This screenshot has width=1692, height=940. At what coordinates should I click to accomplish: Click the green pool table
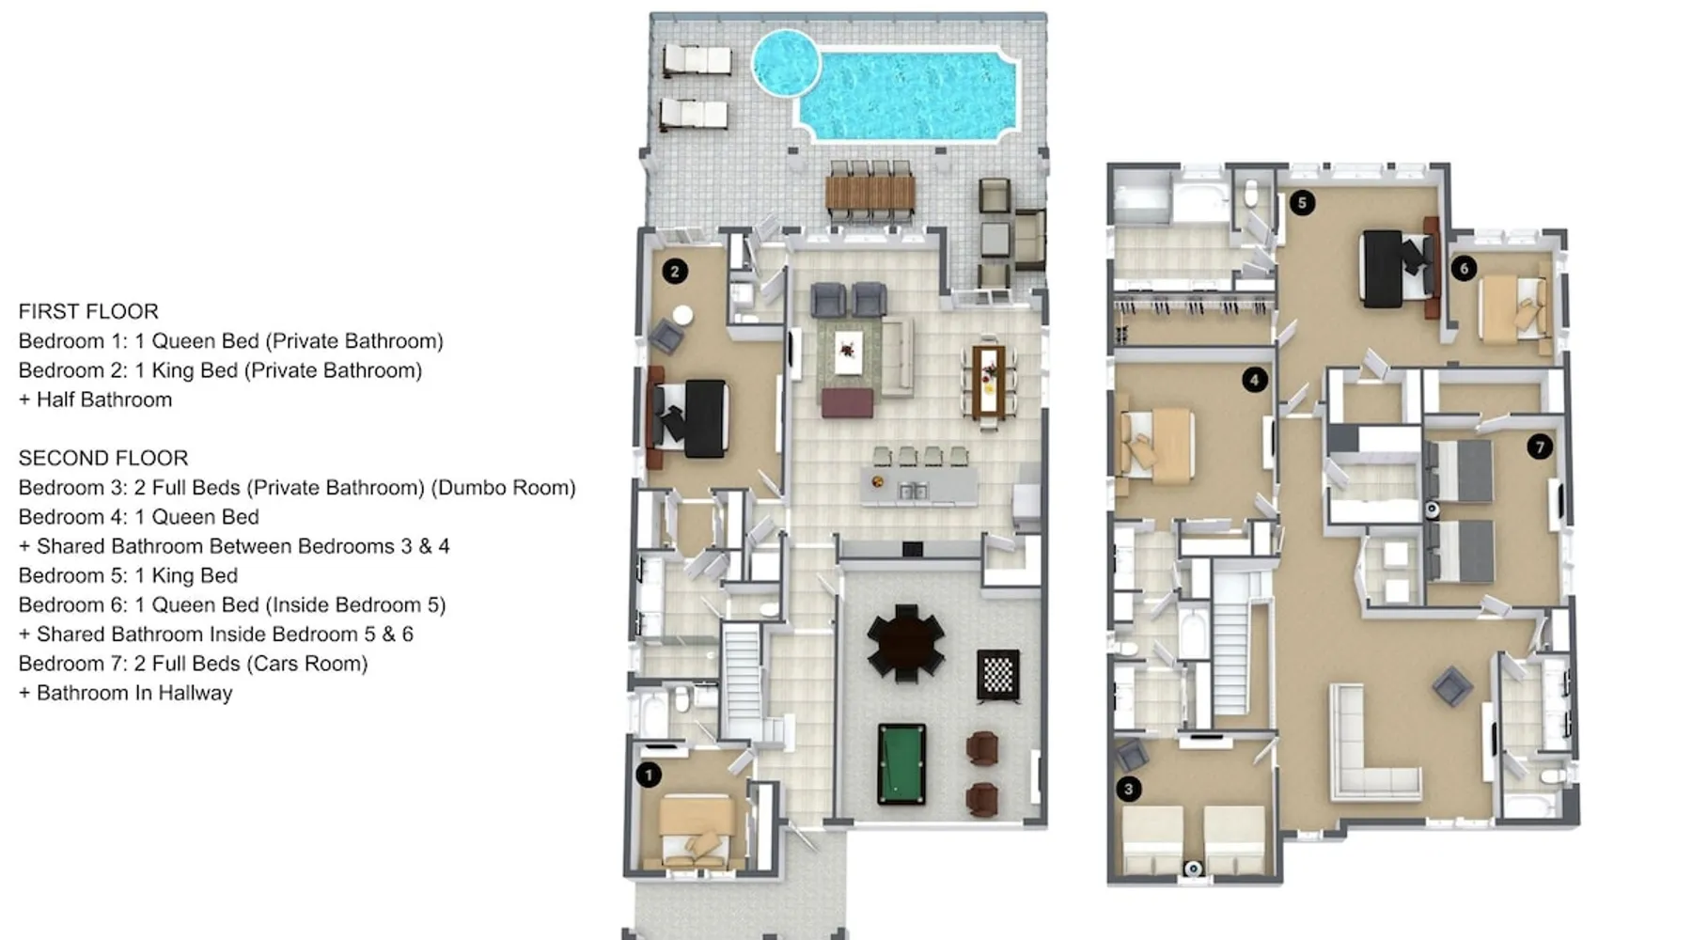pos(901,763)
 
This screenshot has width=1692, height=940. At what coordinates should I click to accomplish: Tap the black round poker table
pos(906,643)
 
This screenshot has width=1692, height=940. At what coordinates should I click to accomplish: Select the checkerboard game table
pos(997,674)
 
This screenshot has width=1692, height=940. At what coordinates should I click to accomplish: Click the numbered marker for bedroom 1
pos(649,775)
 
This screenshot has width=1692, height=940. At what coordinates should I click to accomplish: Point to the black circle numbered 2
pos(675,272)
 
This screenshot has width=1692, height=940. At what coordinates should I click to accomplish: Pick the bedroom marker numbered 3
pos(1129,789)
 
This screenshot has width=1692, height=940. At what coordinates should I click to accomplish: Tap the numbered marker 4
pos(1254,380)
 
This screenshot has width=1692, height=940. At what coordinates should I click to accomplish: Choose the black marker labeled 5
pos(1302,202)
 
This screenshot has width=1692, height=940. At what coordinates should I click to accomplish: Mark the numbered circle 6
pos(1464,269)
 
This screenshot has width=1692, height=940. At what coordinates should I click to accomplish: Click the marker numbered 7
pos(1540,446)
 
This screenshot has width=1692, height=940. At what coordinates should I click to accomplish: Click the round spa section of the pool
pos(785,63)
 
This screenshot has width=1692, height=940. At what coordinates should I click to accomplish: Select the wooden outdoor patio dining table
pos(869,193)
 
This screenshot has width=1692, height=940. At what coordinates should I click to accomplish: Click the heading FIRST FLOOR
pos(88,311)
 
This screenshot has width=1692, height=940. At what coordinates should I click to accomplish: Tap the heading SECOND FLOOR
pos(103,458)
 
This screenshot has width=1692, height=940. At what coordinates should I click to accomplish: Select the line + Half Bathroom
pos(95,399)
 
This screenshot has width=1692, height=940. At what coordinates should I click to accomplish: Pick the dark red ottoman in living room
pos(847,403)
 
